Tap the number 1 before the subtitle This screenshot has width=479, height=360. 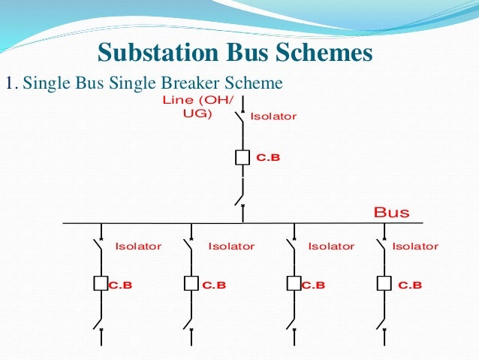[x=9, y=83]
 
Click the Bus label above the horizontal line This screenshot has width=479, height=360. [x=391, y=213]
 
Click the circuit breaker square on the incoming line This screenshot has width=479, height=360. [x=243, y=158]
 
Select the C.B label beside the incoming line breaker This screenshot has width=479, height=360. [x=268, y=159]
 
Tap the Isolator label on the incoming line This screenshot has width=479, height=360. [x=273, y=116]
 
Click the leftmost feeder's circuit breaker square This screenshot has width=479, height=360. [x=101, y=284]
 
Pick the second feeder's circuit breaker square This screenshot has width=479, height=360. [x=191, y=284]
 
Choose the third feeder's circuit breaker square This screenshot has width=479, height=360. [x=294, y=284]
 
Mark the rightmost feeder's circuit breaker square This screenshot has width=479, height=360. [x=384, y=284]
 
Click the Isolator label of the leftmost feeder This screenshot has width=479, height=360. [x=137, y=247]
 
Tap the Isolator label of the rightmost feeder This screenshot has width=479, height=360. [x=415, y=247]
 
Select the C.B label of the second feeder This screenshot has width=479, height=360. [x=214, y=285]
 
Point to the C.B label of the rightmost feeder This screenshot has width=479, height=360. [x=410, y=285]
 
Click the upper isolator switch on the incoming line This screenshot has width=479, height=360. [x=240, y=116]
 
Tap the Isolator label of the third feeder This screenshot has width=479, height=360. [x=331, y=247]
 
